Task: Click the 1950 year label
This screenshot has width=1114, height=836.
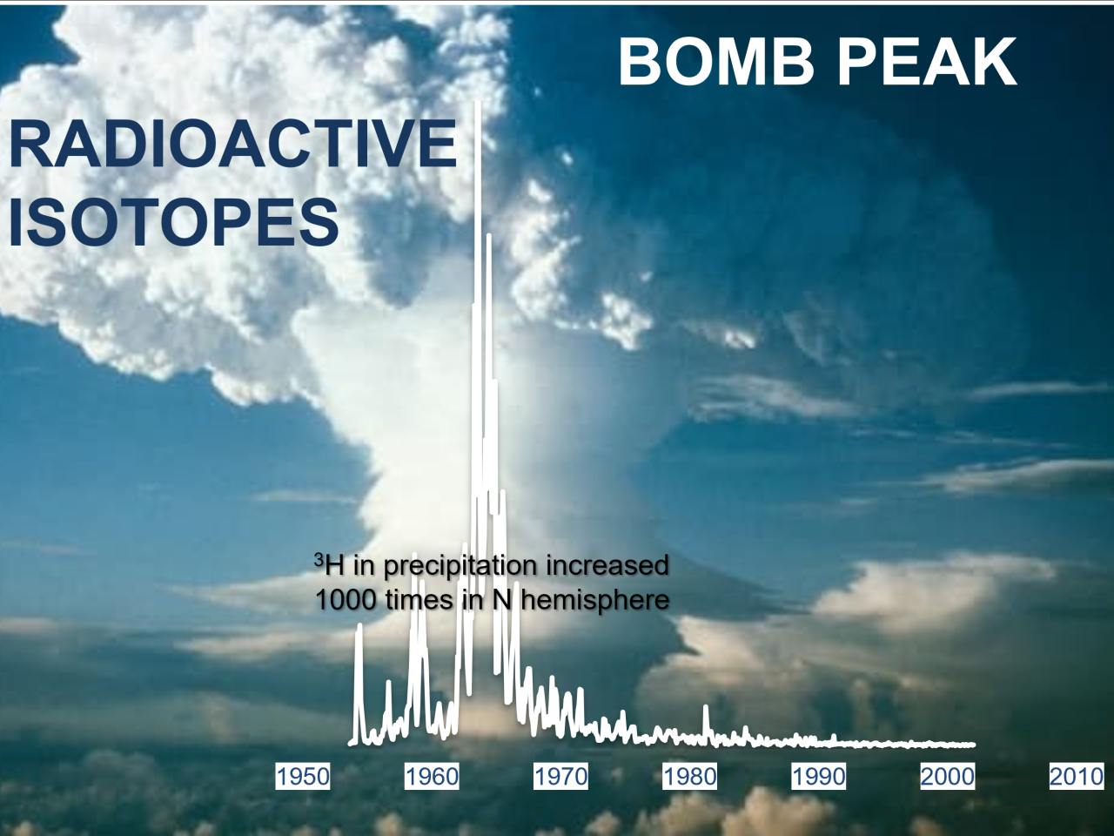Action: [x=303, y=777]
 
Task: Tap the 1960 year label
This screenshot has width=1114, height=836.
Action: [x=432, y=777]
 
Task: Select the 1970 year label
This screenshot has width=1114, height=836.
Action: [x=560, y=777]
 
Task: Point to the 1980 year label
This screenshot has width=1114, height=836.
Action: [x=689, y=777]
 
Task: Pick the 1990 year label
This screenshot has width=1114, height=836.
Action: [x=819, y=777]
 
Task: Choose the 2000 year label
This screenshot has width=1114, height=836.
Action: [x=948, y=777]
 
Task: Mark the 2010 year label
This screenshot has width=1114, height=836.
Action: [x=1077, y=777]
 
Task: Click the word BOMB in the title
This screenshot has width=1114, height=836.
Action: [x=716, y=63]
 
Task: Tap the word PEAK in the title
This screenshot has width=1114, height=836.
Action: [x=927, y=63]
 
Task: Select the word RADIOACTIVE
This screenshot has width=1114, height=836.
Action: [x=233, y=143]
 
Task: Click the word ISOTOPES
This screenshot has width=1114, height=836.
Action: [x=174, y=222]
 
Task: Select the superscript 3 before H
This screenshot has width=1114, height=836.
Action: [x=319, y=560]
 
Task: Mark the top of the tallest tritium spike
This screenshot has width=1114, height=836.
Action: [x=478, y=103]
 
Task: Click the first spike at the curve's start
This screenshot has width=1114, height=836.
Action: [x=359, y=626]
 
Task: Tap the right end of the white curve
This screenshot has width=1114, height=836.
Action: [x=973, y=745]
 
